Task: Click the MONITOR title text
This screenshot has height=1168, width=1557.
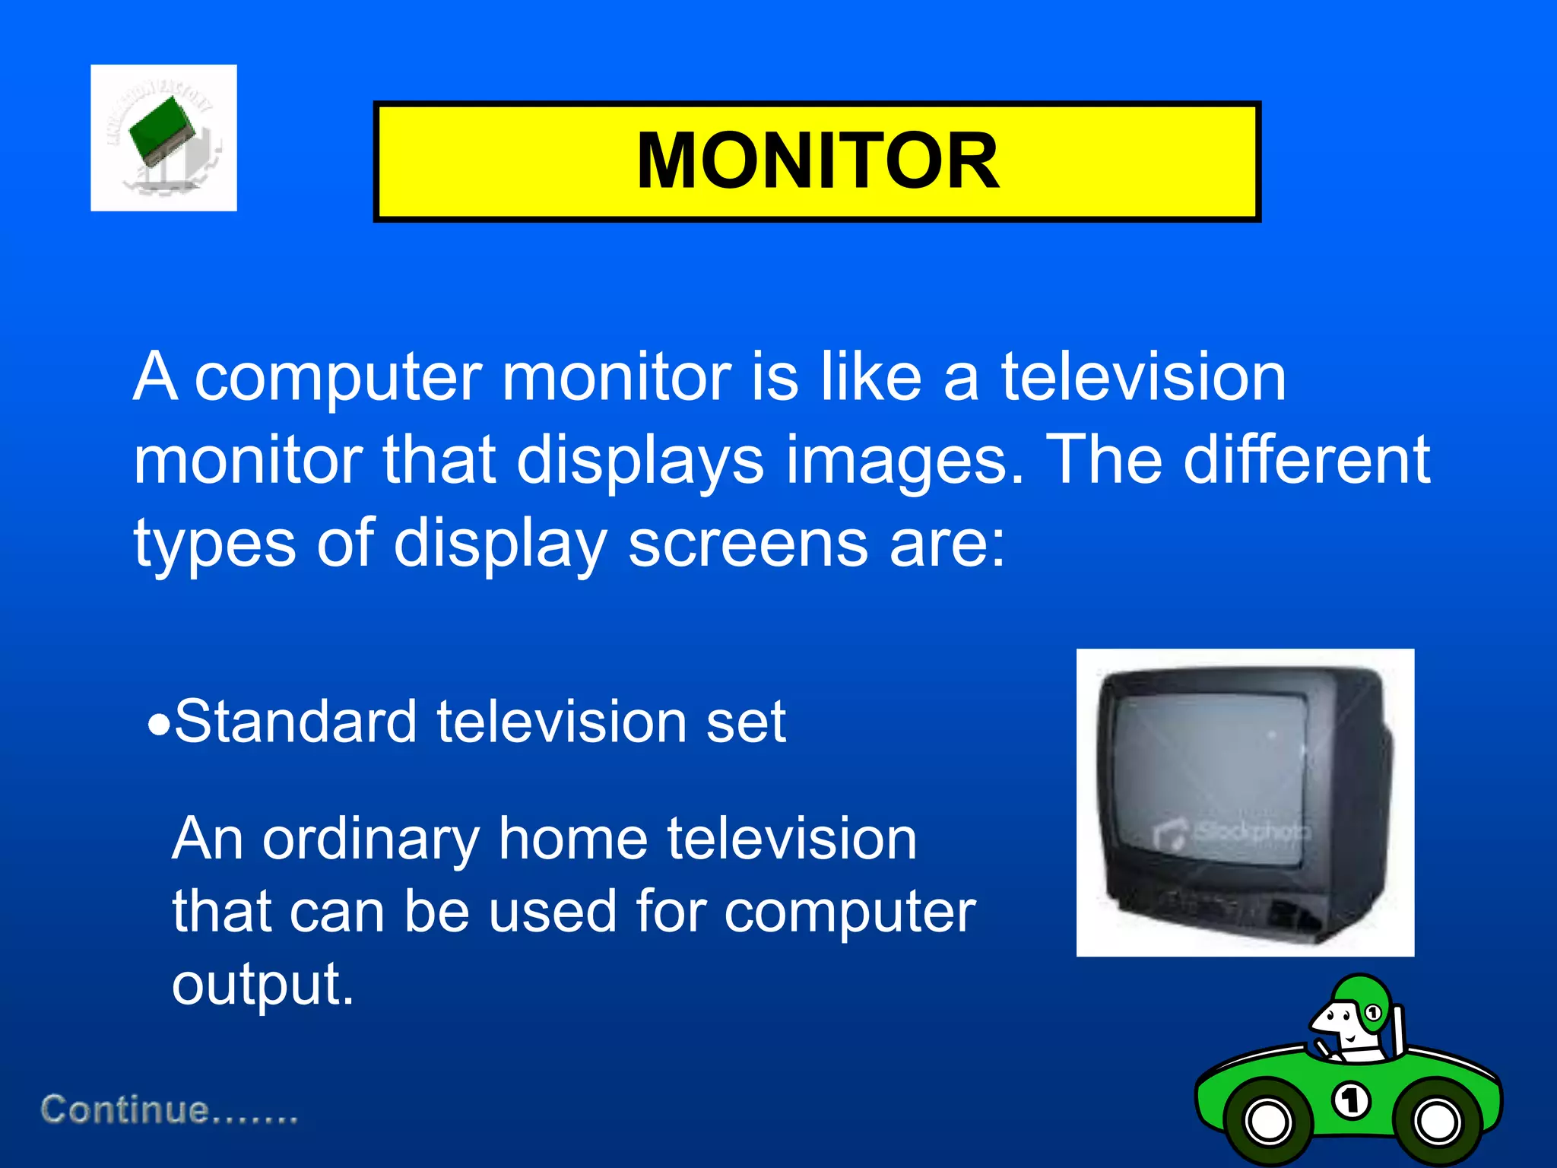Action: (817, 160)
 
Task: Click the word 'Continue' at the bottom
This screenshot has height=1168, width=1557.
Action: (125, 1109)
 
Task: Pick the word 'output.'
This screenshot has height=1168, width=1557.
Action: (263, 984)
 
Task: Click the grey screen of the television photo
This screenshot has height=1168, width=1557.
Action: (1209, 768)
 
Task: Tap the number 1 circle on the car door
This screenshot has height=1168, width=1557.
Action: (1352, 1100)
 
